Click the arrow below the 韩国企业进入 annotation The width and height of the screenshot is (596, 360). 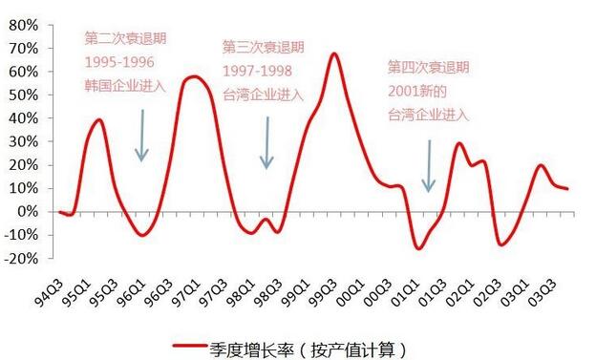(x=141, y=135)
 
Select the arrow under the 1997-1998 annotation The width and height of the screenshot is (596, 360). (x=267, y=142)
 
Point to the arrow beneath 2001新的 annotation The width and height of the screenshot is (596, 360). (x=429, y=165)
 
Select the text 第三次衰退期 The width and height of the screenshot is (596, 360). (x=263, y=47)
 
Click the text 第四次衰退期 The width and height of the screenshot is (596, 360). (x=429, y=68)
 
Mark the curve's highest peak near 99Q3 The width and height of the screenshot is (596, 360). (x=333, y=53)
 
